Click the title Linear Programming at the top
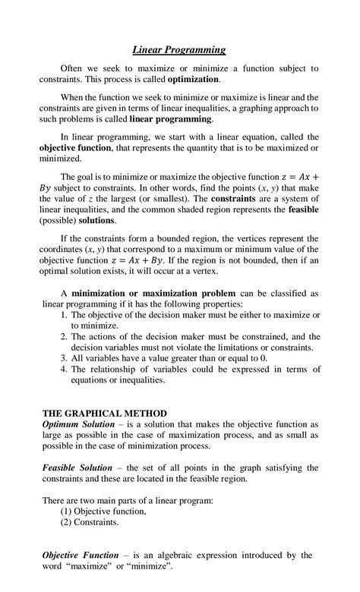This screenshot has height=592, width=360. coord(180,50)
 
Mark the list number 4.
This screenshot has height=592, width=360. coord(64,369)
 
